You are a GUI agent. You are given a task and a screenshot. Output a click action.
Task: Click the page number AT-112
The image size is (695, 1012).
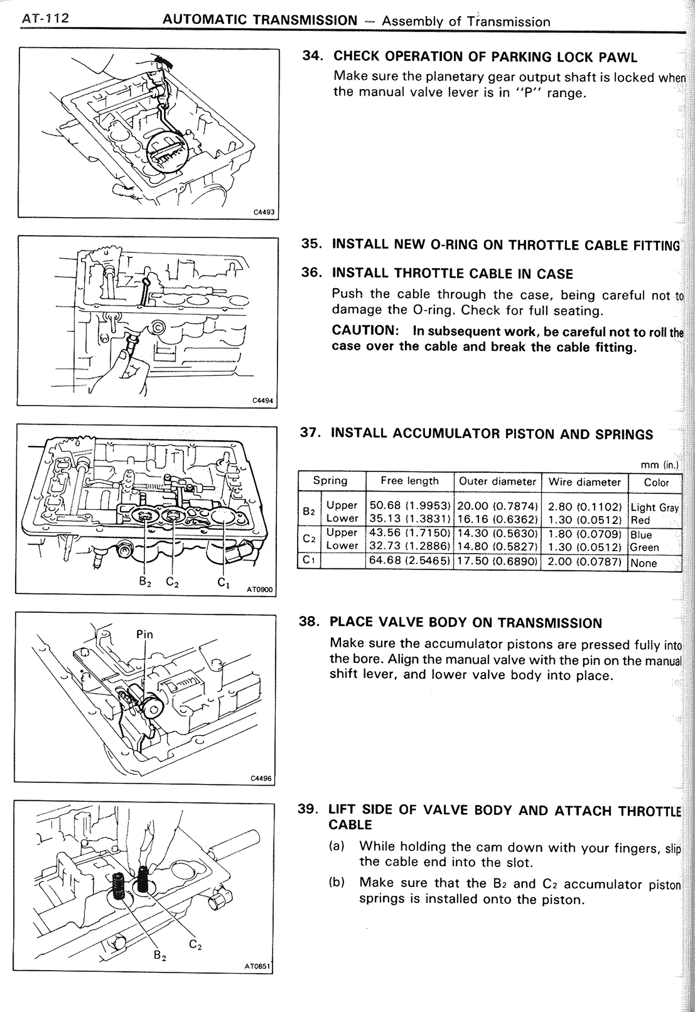point(45,19)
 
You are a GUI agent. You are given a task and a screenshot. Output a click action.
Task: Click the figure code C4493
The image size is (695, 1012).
point(264,213)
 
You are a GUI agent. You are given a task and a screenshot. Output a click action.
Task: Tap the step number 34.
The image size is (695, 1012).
point(313,56)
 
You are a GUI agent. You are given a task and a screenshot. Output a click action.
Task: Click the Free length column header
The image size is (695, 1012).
point(409,481)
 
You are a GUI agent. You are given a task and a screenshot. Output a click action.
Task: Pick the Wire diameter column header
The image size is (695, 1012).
point(584,482)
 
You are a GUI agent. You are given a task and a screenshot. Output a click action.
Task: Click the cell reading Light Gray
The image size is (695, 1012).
point(654,508)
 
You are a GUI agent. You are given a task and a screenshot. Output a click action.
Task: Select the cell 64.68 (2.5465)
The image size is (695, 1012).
point(409,561)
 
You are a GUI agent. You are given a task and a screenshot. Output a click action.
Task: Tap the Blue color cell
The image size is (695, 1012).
point(641,535)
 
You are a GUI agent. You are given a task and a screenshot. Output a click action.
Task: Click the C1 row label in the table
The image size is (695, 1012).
point(309,560)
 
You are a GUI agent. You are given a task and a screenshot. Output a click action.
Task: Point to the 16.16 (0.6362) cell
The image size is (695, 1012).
point(497,520)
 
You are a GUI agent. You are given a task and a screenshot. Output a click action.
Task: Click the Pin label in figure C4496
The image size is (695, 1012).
point(144,634)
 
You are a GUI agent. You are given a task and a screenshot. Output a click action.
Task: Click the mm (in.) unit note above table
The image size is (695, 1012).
point(659,465)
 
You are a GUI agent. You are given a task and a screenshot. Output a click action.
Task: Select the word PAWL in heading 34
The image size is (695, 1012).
point(618,57)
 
